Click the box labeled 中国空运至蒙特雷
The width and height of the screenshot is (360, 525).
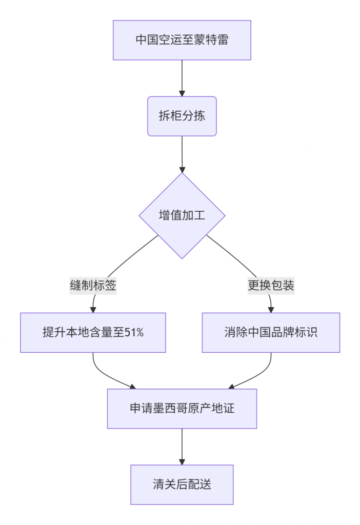tap(182, 40)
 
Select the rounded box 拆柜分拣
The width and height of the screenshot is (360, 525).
tap(182, 116)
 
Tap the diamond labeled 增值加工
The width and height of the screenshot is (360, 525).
tap(182, 216)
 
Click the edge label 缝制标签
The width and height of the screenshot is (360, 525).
tap(93, 286)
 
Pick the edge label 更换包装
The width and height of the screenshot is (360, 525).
tap(271, 286)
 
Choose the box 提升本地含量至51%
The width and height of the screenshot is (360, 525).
tap(93, 332)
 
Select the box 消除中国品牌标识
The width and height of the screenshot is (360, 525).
tap(271, 332)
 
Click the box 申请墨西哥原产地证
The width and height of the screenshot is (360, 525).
tap(182, 409)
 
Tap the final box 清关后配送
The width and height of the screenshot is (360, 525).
tap(182, 484)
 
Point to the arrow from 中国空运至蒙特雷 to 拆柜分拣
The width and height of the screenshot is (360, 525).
tap(182, 78)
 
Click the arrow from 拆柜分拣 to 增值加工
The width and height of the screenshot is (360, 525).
tap(182, 154)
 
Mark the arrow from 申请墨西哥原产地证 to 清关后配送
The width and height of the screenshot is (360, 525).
tap(182, 447)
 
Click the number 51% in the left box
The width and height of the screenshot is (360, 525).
tap(134, 332)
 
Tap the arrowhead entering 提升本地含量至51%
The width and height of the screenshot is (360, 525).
tap(93, 310)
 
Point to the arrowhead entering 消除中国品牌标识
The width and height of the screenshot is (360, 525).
tap(271, 310)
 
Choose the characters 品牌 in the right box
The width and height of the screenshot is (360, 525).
tap(283, 332)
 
